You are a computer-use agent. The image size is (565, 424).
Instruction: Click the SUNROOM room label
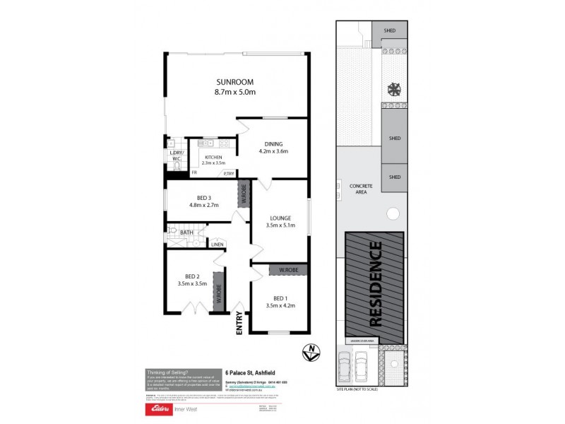235,82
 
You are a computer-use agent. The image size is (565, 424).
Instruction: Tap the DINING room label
273,145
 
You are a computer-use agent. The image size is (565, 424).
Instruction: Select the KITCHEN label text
213,158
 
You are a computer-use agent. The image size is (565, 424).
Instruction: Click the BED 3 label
203,197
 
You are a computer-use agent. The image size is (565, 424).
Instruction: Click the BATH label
186,232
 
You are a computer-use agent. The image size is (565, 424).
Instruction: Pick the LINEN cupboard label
218,245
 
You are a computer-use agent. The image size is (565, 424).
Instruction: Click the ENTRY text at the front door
240,322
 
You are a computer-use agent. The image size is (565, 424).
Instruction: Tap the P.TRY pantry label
228,173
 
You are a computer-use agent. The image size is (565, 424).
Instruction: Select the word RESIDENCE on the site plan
376,284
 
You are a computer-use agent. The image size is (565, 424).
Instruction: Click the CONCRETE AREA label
361,189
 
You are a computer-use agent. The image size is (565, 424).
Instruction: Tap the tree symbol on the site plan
393,89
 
